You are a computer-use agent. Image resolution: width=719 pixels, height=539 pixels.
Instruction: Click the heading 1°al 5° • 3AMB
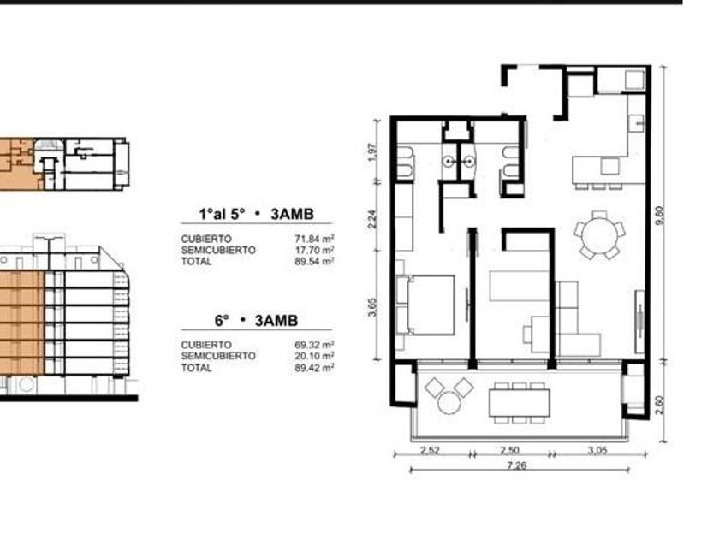point(256,214)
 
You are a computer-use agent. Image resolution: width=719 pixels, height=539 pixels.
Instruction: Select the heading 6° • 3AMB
point(256,320)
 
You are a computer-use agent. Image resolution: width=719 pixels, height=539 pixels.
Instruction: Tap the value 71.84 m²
point(314,239)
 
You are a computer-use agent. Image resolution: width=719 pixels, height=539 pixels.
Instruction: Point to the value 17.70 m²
point(314,250)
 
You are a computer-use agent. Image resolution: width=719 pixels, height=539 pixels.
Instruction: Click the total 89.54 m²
point(314,261)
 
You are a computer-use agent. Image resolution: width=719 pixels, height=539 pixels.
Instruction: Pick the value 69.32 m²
point(314,344)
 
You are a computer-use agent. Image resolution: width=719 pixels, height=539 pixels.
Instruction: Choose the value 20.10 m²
point(314,356)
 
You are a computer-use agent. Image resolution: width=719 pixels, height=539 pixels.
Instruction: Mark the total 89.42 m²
point(314,367)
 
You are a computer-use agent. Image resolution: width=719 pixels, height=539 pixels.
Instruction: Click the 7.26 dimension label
point(517,465)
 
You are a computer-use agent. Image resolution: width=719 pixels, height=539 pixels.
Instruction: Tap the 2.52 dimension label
point(430,450)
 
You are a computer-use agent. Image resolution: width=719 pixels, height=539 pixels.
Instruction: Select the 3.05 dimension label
point(597,450)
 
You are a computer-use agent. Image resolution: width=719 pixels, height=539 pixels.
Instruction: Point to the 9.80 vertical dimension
point(660,216)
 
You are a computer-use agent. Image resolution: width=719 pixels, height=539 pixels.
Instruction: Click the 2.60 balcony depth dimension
point(659,405)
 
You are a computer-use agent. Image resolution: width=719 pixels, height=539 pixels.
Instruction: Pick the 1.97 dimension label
point(372,152)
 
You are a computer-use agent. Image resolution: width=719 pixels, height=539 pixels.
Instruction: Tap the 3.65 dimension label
point(372,307)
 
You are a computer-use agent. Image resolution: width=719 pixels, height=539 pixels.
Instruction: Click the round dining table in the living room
point(599,234)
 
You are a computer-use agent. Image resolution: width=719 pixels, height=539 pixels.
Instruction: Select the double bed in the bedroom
point(425,305)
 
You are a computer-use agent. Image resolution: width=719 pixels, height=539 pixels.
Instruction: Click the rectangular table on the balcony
point(519,402)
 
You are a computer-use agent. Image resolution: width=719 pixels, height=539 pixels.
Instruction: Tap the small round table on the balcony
point(449,403)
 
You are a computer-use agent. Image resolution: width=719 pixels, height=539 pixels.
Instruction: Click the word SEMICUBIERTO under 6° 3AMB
point(218,356)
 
